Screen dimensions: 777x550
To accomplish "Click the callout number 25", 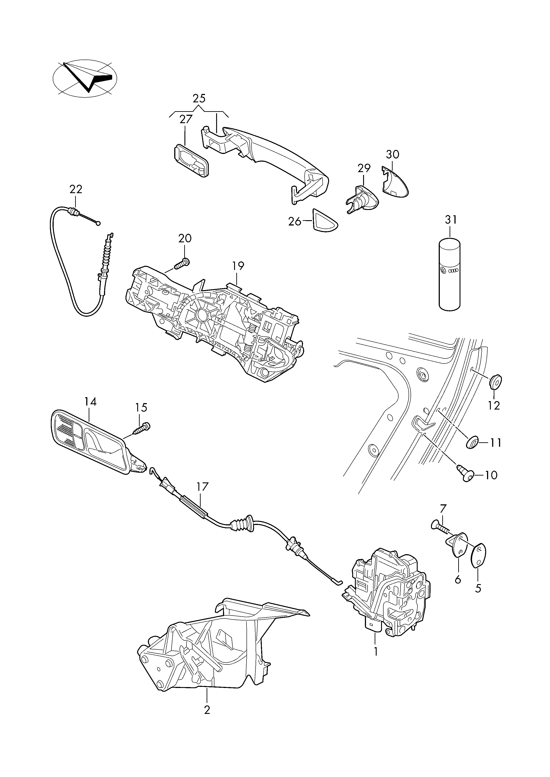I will coord(199,99).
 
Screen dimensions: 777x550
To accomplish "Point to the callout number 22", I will coord(76,189).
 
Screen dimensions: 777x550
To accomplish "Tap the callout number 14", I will coord(90,402).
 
